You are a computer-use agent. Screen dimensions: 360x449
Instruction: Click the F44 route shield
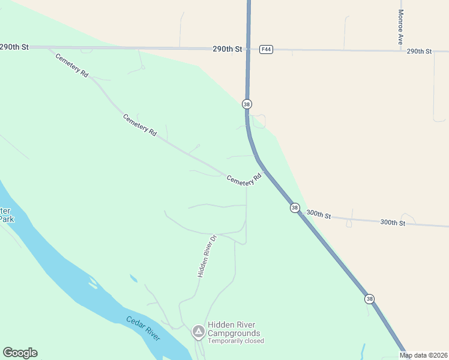[267, 49]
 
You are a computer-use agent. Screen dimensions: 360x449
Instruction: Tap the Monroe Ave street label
[400, 27]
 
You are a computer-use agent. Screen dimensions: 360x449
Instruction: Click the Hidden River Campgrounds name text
[234, 329]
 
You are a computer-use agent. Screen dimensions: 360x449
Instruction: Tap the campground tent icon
[198, 331]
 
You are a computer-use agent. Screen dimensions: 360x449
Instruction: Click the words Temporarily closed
[236, 341]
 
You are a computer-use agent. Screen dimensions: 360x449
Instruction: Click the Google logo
[20, 353]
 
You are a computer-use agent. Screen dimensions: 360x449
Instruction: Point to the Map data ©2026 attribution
[423, 355]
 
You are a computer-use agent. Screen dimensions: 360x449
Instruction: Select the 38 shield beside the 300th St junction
[294, 208]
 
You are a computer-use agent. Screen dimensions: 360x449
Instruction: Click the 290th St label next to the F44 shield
[227, 49]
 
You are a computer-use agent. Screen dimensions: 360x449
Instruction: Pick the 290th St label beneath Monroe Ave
[419, 52]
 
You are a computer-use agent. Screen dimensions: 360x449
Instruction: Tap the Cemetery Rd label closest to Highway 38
[244, 178]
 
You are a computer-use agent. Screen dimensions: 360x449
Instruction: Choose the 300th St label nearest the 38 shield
[319, 214]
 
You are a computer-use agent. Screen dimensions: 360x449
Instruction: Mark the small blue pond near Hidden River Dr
[133, 278]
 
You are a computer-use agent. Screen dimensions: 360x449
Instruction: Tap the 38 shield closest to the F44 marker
[247, 104]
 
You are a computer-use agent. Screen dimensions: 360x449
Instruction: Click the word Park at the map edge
[6, 219]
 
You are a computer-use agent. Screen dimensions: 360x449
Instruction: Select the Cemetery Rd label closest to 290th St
[72, 65]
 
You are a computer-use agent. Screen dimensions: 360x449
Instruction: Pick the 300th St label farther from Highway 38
[393, 222]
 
